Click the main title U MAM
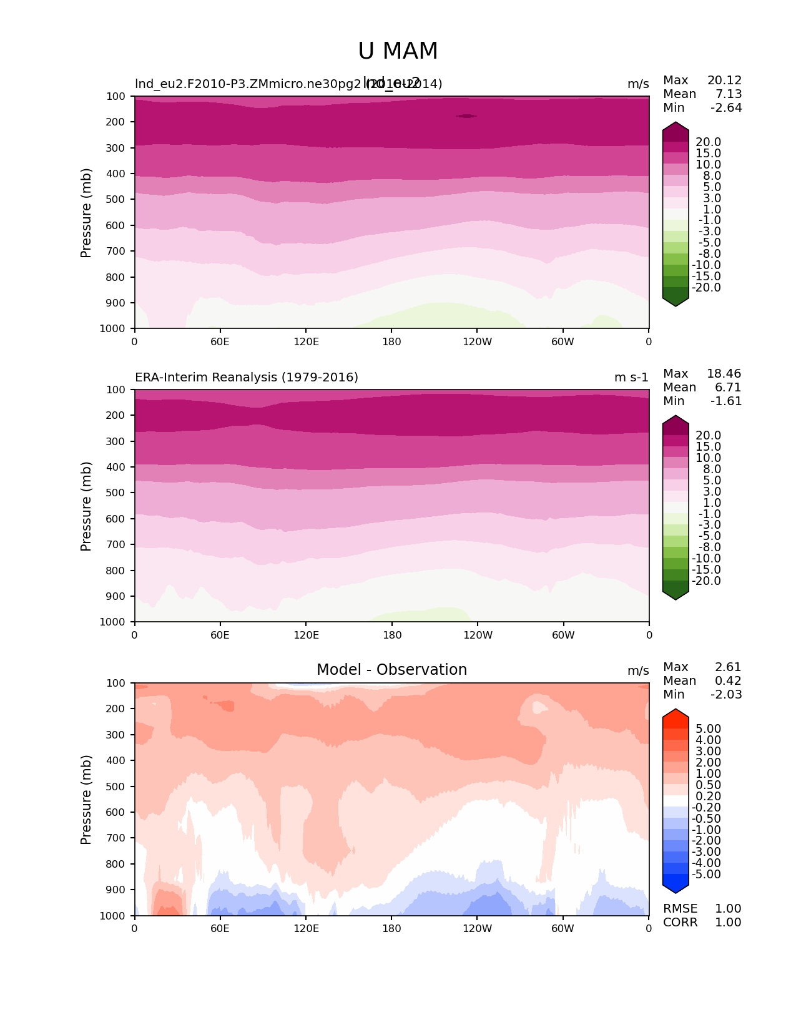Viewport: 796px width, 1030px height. (398, 51)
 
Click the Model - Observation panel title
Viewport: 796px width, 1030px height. (391, 670)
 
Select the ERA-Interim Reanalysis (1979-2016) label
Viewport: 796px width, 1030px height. (247, 377)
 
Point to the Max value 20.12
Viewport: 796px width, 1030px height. (724, 80)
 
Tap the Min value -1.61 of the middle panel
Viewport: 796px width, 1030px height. (726, 401)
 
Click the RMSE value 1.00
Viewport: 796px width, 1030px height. (728, 908)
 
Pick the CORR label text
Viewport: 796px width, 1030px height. (680, 922)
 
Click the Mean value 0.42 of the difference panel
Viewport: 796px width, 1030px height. (728, 680)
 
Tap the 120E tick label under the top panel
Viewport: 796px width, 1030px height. (306, 341)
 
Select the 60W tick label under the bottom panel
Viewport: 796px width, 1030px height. (563, 928)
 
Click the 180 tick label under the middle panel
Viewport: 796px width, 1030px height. (391, 635)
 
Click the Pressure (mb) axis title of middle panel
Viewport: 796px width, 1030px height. (86, 506)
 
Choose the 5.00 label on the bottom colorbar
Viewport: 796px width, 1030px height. (708, 728)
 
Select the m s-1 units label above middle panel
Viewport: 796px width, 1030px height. (631, 377)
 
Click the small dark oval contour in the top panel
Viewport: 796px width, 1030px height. (466, 115)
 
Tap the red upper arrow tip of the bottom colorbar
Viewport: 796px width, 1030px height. (676, 712)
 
